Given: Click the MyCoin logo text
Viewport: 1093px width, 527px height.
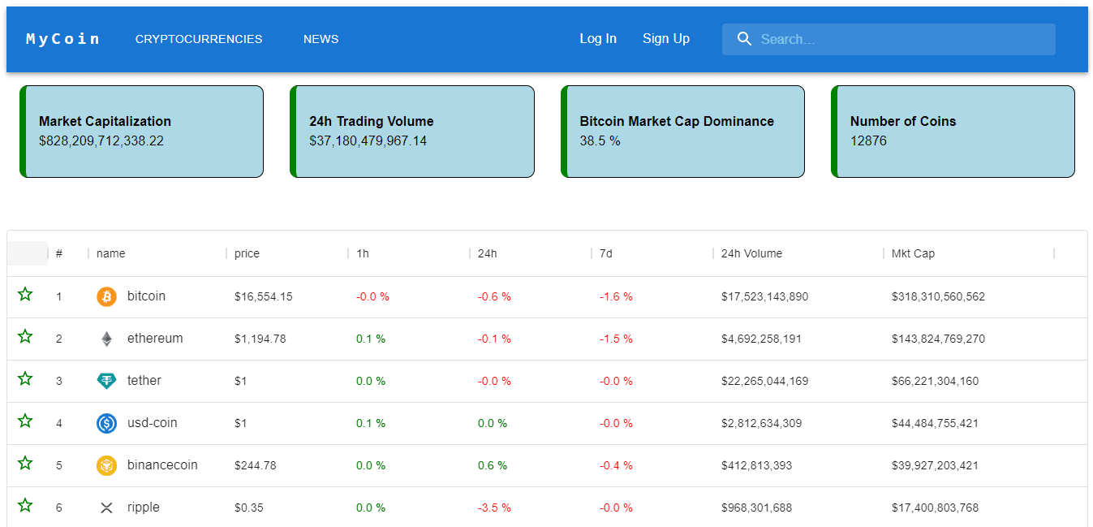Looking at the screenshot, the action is point(63,39).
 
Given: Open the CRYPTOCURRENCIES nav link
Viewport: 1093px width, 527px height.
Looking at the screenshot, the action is point(199,39).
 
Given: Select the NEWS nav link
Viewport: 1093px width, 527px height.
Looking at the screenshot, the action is point(321,39).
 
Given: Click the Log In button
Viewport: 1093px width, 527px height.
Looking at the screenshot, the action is point(598,39).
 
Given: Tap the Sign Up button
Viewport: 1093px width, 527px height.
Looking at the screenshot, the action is point(666,39).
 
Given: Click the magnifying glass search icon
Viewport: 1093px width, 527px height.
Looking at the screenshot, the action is point(744,39).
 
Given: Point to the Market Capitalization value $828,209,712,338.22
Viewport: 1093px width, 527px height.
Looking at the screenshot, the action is point(101,140).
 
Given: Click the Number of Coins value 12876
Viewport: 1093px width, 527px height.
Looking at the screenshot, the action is point(868,140).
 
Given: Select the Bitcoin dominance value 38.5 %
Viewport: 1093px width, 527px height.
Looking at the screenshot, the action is point(600,140).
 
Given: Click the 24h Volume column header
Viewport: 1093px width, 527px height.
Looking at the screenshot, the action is point(751,253).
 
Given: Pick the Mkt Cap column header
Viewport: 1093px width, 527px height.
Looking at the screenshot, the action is point(913,253).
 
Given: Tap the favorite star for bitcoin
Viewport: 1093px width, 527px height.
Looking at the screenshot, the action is point(25,295).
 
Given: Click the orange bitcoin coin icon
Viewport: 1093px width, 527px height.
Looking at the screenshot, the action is point(106,296).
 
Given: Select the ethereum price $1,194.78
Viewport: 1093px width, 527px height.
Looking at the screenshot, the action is point(260,339).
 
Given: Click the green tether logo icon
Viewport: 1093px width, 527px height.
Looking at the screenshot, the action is point(106,381).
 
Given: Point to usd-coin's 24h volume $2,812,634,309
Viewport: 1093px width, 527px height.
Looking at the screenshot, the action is point(761,423).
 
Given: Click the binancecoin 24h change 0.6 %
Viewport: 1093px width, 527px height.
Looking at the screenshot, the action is point(492,465).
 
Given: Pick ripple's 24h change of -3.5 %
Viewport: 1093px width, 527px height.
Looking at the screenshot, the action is point(494,508).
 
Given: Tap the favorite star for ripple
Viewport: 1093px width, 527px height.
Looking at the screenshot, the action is point(25,506).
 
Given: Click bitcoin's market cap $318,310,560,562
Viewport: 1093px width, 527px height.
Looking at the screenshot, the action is point(938,296).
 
